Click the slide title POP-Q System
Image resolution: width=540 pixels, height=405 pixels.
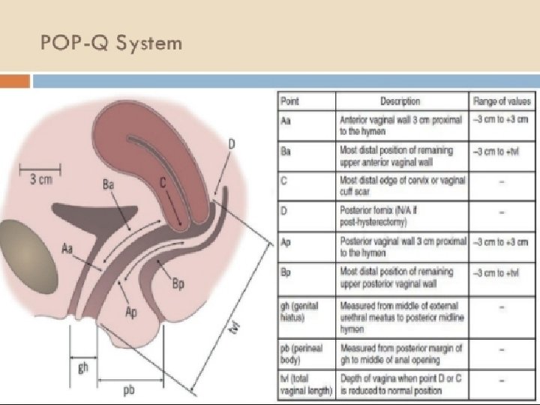click(x=112, y=43)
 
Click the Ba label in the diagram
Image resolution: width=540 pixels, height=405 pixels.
click(x=109, y=183)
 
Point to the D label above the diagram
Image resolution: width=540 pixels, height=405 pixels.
click(x=232, y=144)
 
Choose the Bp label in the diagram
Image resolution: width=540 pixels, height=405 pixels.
click(x=178, y=283)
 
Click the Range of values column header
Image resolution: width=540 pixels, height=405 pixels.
click(x=500, y=101)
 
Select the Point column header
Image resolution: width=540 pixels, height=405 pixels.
click(x=289, y=101)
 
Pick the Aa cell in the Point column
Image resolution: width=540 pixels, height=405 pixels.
click(x=286, y=118)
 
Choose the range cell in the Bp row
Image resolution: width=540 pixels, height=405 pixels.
click(x=500, y=272)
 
